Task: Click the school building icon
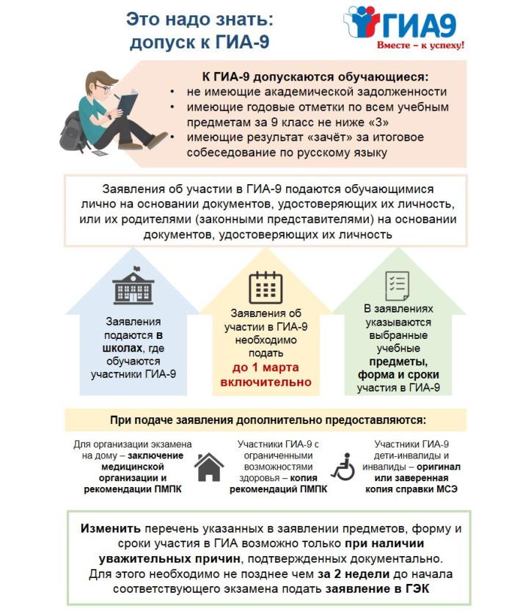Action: (133, 286)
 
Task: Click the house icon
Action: (208, 466)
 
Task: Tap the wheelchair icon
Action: (343, 467)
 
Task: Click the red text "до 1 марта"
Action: (265, 367)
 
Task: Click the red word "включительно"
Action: (265, 381)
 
